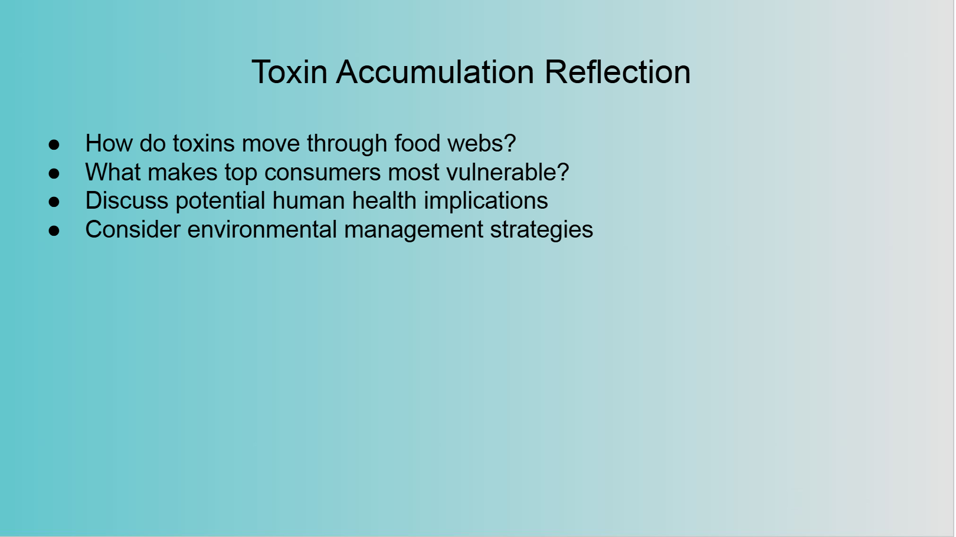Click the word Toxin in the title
pos(290,72)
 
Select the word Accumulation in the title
pos(435,72)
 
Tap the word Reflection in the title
pos(617,72)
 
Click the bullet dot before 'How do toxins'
pos(54,144)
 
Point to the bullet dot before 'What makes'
pos(54,173)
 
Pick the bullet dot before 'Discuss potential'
pos(54,202)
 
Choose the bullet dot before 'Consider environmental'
pos(54,230)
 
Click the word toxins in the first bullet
pos(204,143)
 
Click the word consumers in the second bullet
pos(322,172)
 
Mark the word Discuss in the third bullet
pos(127,200)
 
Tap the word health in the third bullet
pos(384,200)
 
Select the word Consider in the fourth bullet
pos(133,229)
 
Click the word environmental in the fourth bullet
pos(262,229)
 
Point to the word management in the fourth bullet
pos(414,230)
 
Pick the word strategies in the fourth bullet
pos(542,230)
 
